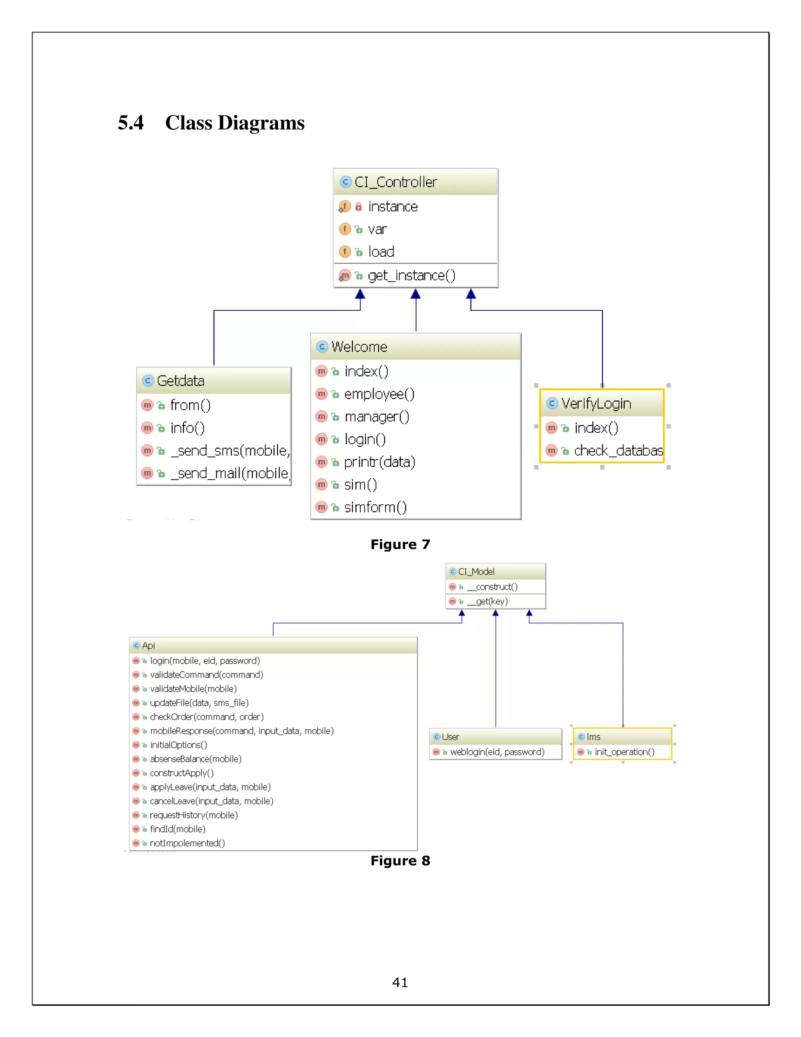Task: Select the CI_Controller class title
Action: (395, 182)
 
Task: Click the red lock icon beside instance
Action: (358, 207)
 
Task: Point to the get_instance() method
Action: (411, 275)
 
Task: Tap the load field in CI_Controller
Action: (381, 252)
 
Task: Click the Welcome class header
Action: (359, 347)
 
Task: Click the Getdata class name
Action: (180, 381)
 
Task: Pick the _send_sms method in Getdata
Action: (230, 450)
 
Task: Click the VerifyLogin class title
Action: (596, 403)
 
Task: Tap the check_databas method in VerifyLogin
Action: (618, 450)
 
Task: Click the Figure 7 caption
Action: (400, 544)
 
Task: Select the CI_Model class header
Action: (476, 572)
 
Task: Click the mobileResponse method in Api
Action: (242, 731)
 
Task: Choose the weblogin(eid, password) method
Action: (497, 752)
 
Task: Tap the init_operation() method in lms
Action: (624, 752)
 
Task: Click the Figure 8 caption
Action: (400, 861)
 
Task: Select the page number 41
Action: (400, 982)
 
